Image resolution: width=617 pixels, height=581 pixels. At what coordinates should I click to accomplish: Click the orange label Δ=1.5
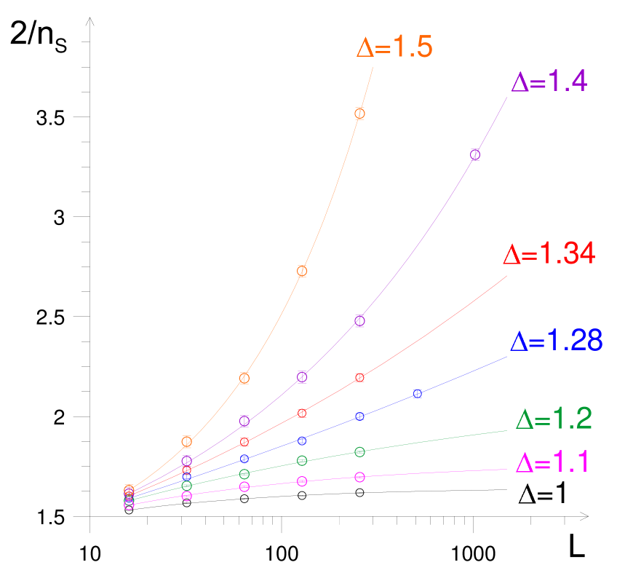(x=394, y=48)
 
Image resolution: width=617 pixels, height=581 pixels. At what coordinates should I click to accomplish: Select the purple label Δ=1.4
(x=549, y=82)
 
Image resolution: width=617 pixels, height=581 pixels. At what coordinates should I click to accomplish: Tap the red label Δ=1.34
(x=549, y=254)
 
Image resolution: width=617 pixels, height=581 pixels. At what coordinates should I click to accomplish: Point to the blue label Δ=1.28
(x=556, y=341)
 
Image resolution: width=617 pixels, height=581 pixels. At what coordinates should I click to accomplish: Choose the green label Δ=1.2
(x=553, y=419)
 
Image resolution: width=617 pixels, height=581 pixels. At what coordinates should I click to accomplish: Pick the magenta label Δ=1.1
(x=552, y=463)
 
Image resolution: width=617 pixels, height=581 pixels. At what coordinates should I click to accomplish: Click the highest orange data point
(x=359, y=113)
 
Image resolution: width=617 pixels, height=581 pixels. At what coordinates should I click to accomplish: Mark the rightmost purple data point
(x=475, y=154)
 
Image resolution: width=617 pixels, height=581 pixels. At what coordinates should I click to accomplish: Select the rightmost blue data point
(x=418, y=394)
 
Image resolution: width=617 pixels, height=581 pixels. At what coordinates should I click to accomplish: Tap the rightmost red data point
(x=359, y=378)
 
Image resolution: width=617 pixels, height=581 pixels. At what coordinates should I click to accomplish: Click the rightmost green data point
(x=359, y=452)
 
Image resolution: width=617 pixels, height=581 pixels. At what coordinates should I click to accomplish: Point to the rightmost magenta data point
(x=359, y=477)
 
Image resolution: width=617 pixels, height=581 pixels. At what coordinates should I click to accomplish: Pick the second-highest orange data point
(x=302, y=272)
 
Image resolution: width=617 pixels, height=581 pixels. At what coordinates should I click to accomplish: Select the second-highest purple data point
(x=359, y=320)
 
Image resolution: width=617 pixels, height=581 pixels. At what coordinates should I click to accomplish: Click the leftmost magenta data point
(x=129, y=505)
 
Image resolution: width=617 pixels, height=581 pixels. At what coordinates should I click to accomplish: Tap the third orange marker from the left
(x=244, y=378)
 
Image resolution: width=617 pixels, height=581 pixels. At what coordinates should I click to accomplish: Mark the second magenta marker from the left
(x=186, y=496)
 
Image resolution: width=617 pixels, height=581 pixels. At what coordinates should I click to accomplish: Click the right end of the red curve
(x=507, y=276)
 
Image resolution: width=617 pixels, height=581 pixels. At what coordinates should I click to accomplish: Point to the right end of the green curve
(x=507, y=430)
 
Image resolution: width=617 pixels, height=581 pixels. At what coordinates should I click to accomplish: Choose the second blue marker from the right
(x=359, y=416)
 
